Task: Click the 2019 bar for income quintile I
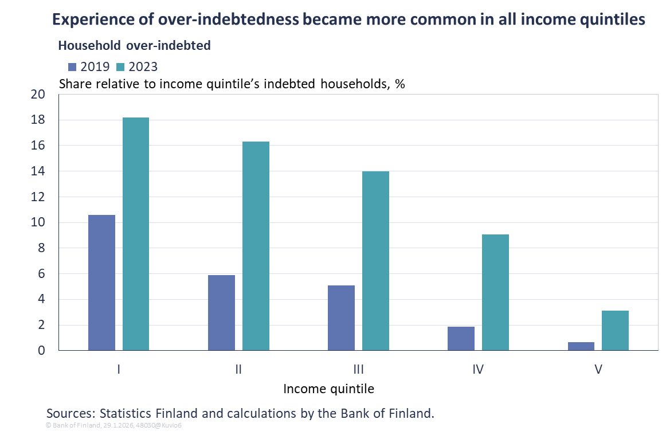click(x=101, y=283)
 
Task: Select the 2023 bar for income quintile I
click(x=136, y=234)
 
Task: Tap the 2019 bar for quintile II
click(x=221, y=312)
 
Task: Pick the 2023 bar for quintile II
click(x=256, y=246)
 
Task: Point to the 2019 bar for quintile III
click(x=341, y=318)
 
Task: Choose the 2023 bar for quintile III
click(x=375, y=261)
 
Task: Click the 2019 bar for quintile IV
click(x=461, y=338)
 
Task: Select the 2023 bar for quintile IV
click(x=495, y=292)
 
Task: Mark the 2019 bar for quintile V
click(x=581, y=346)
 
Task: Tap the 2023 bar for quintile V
click(x=615, y=330)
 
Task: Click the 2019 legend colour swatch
click(x=72, y=66)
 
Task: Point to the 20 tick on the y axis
click(x=37, y=95)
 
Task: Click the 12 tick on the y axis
click(x=37, y=197)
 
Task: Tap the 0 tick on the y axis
click(x=41, y=350)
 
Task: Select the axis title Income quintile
click(x=328, y=389)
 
